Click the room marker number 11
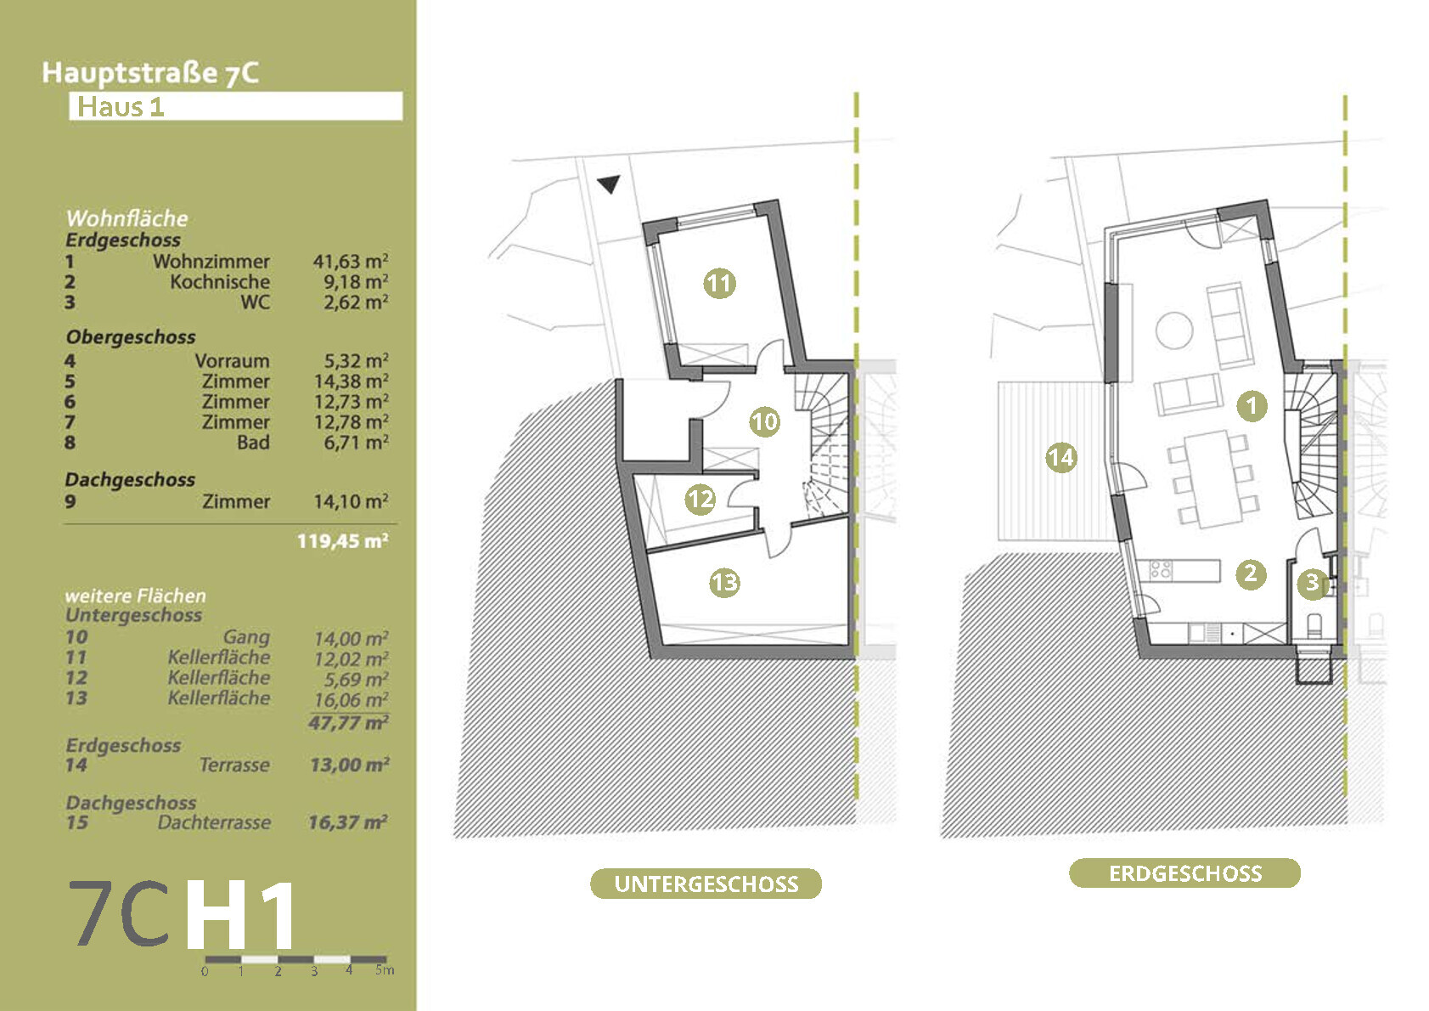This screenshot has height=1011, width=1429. [x=719, y=283]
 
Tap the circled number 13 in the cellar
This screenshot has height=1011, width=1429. [x=724, y=583]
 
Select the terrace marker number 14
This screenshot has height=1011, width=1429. [x=1060, y=458]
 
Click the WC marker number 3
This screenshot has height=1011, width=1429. [x=1312, y=583]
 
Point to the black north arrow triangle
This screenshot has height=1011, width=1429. [x=609, y=184]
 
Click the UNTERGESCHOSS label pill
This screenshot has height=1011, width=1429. [x=706, y=884]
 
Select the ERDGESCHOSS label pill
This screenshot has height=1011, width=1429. [x=1184, y=873]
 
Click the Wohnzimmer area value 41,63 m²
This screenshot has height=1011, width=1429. [x=350, y=262]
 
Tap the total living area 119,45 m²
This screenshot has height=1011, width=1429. [x=342, y=541]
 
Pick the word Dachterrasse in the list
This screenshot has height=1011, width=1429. [x=214, y=822]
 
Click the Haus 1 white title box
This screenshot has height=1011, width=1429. [x=235, y=107]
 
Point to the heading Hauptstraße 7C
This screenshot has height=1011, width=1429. [x=150, y=73]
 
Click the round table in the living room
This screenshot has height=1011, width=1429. [x=1174, y=330]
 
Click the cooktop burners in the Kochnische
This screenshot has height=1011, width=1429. [x=1161, y=569]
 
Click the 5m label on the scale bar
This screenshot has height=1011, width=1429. [x=384, y=969]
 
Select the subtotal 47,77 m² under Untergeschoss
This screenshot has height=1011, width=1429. [x=348, y=723]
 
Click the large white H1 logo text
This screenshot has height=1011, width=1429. [x=241, y=916]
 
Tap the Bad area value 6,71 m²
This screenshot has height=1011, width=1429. [x=355, y=443]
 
